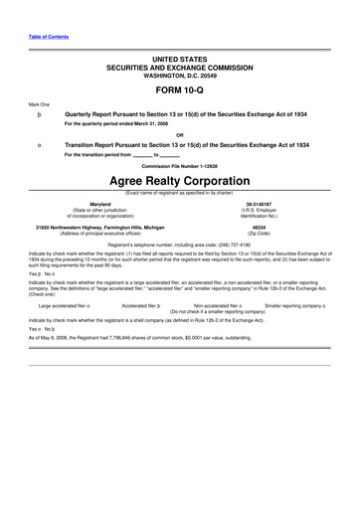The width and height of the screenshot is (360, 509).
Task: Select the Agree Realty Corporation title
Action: tap(181, 183)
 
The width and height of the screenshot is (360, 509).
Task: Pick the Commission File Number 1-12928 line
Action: tap(180, 165)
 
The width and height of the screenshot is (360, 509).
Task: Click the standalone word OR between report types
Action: tap(179, 134)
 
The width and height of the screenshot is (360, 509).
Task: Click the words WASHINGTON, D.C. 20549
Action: tap(180, 74)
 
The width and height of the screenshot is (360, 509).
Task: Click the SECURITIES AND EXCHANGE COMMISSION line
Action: tap(180, 66)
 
